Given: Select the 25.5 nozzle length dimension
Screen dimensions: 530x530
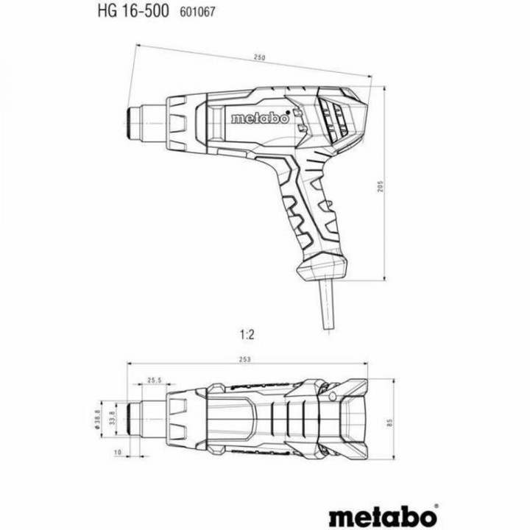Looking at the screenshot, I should pyautogui.click(x=153, y=381).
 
